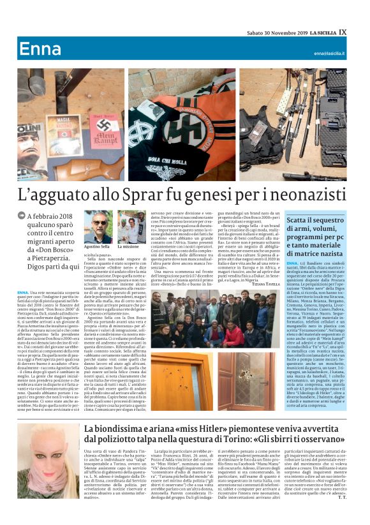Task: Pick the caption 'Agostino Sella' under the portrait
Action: click(x=97, y=246)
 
